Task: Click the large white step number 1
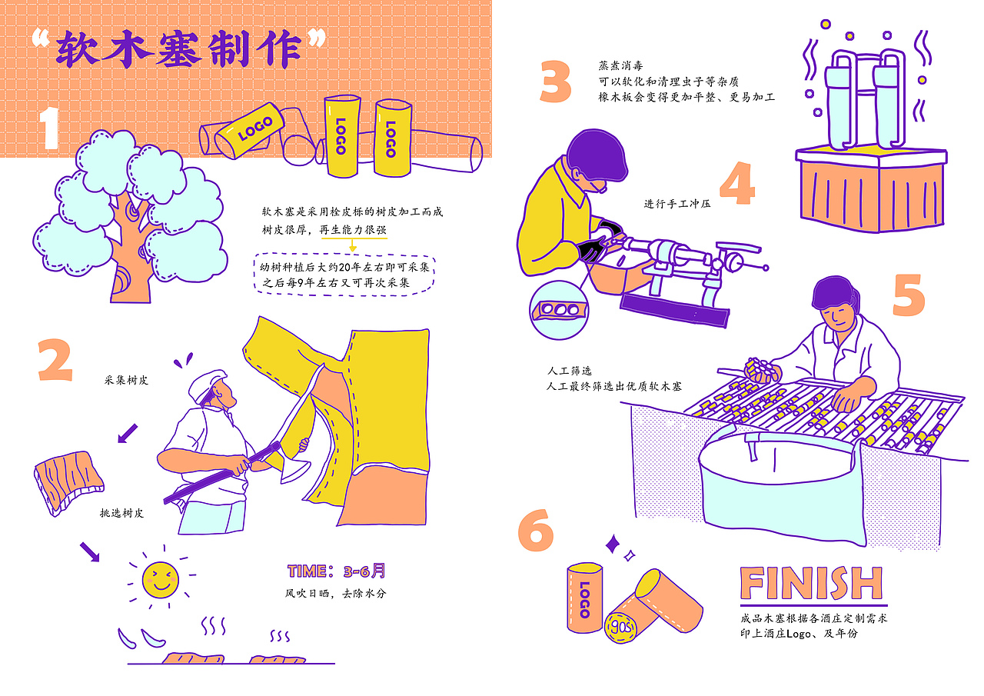[50, 128]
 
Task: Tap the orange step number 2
[55, 360]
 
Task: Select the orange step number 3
[556, 82]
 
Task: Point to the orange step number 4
[737, 183]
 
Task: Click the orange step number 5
[909, 295]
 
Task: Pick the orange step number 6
[536, 530]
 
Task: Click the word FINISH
[811, 583]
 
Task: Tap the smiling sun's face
[161, 580]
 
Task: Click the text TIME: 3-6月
[337, 571]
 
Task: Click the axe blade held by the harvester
[294, 467]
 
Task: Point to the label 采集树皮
[126, 380]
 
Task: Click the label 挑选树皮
[121, 513]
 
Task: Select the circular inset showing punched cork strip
[559, 310]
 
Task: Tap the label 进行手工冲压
[677, 204]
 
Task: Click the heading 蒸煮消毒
[620, 66]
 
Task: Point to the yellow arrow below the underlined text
[352, 245]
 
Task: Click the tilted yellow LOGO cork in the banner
[250, 131]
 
